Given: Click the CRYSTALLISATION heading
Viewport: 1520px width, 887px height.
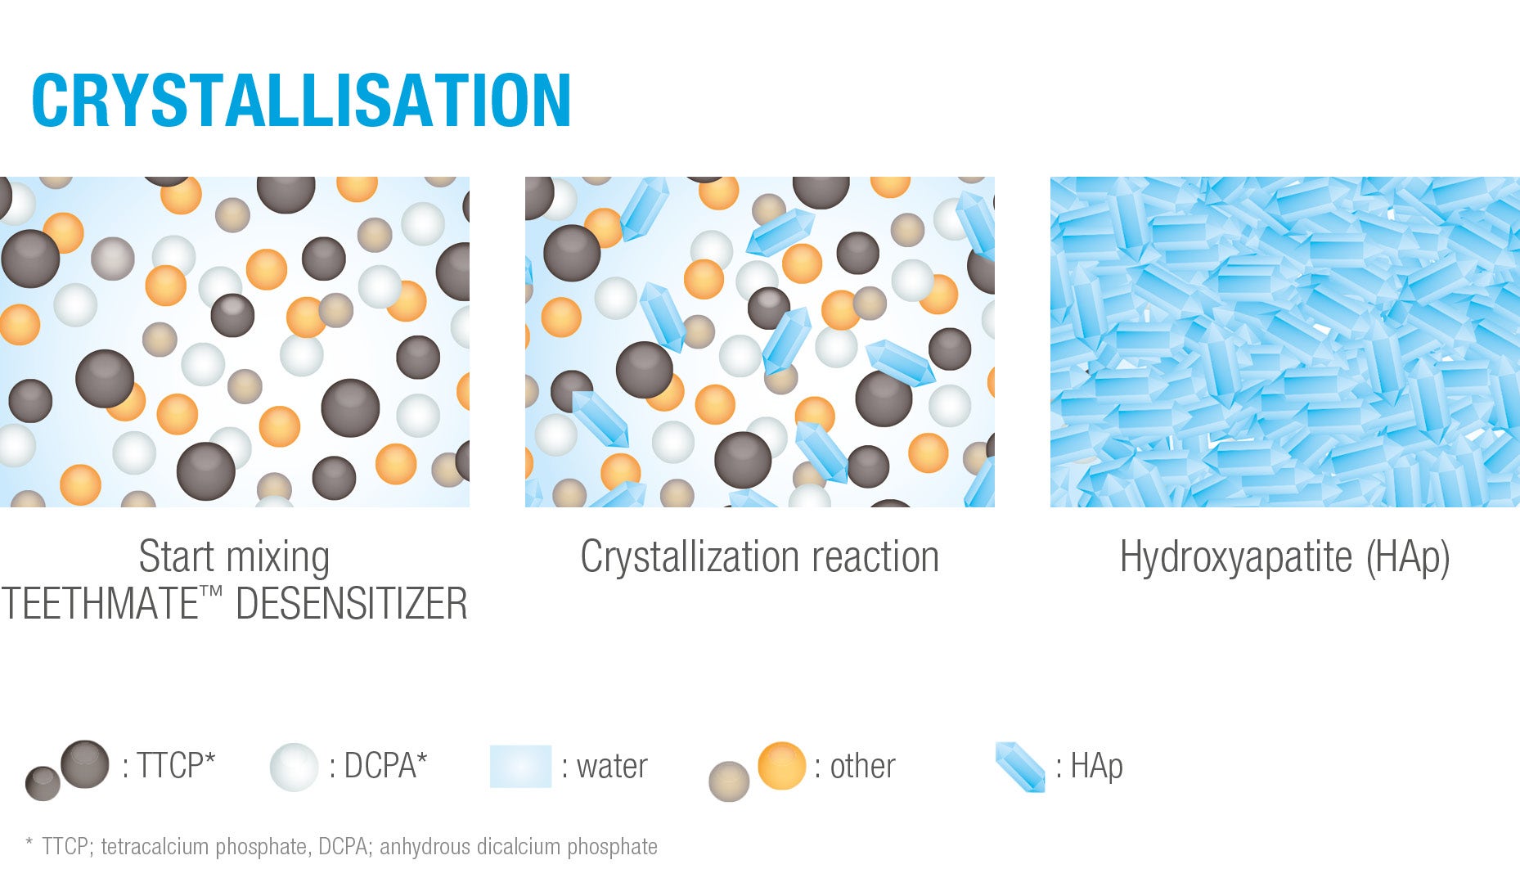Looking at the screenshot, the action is [x=301, y=101].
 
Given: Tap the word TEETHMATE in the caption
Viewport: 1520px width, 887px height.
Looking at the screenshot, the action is [x=99, y=604].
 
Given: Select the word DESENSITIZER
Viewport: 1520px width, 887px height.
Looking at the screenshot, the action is [x=352, y=604].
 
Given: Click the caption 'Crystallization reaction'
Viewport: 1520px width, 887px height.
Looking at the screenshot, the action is [x=759, y=557].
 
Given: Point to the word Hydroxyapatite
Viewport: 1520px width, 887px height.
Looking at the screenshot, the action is [x=1235, y=557].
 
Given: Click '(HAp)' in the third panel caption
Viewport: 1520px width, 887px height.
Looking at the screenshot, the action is [x=1408, y=557].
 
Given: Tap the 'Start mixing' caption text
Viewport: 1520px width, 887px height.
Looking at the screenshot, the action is [x=234, y=557].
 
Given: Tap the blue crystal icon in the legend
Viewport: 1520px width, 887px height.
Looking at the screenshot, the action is [x=1020, y=767].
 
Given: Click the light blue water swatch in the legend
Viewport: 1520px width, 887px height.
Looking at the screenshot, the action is [x=520, y=767].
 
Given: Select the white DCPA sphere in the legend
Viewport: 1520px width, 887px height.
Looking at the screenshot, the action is [x=294, y=767].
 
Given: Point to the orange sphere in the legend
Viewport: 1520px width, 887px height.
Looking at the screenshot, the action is [x=782, y=765].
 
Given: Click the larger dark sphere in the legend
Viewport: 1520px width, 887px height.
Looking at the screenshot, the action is [x=84, y=764].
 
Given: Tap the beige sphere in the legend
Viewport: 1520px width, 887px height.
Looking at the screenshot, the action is [x=729, y=781].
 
